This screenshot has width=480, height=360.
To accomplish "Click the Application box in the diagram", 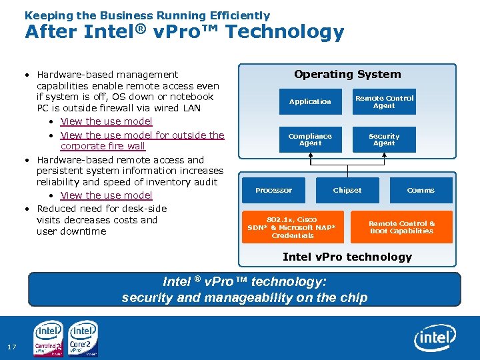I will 310,102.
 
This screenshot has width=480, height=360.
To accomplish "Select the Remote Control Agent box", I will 384,102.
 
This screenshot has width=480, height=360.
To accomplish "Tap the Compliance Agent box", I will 310,139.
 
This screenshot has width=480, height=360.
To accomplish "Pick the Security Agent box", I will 384,139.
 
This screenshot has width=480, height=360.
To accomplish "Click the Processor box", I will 273,191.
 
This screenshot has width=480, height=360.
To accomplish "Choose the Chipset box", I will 347,191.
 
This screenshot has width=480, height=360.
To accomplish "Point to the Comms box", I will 421,191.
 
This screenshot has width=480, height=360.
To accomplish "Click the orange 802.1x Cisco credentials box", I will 293,227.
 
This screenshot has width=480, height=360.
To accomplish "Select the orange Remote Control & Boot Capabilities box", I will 401,227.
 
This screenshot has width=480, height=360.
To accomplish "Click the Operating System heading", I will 347,75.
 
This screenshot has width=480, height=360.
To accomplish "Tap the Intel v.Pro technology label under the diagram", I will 347,257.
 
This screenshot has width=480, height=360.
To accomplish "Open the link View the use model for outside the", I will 142,135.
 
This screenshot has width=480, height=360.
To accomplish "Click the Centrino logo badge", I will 49,339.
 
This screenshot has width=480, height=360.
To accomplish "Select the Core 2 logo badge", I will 83,339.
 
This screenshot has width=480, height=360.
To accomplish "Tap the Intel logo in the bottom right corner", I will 435,339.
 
